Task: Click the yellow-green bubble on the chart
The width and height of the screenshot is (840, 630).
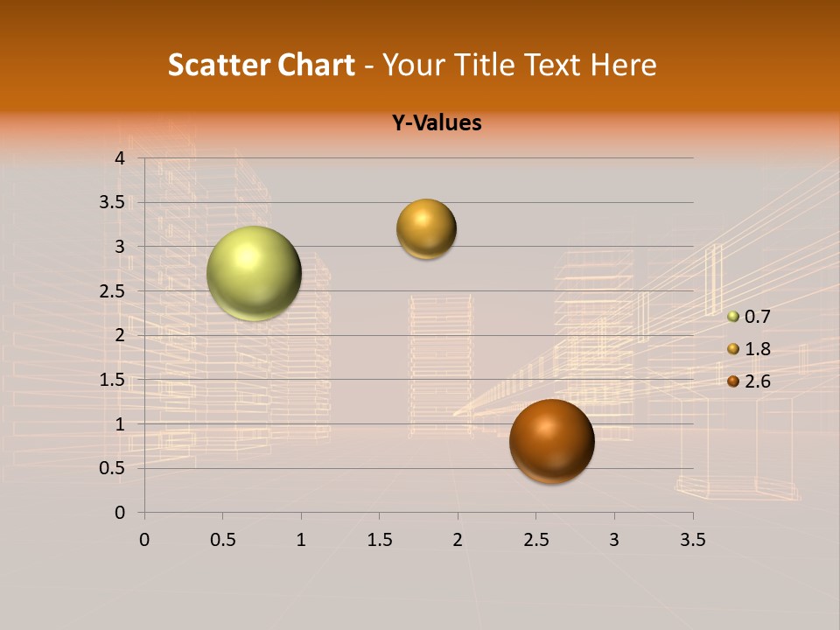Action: [x=254, y=273]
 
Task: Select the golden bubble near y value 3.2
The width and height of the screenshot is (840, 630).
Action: [x=426, y=229]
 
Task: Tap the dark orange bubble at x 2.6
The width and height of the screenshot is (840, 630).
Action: [x=551, y=441]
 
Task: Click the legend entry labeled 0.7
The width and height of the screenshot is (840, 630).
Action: [x=749, y=317]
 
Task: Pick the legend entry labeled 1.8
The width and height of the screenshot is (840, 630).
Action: [x=749, y=349]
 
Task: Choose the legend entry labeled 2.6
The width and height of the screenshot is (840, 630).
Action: [x=749, y=381]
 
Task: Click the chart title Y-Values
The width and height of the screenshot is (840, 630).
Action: [x=437, y=123]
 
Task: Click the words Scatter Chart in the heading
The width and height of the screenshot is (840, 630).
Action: [x=262, y=65]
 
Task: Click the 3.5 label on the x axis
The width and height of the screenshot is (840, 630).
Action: [x=693, y=540]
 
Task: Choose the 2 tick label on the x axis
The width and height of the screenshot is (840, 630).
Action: [x=458, y=540]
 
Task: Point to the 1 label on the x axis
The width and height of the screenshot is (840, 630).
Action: [x=301, y=540]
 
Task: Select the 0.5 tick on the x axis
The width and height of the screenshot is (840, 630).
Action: [x=222, y=540]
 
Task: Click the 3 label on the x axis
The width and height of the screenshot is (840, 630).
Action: [x=614, y=540]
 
